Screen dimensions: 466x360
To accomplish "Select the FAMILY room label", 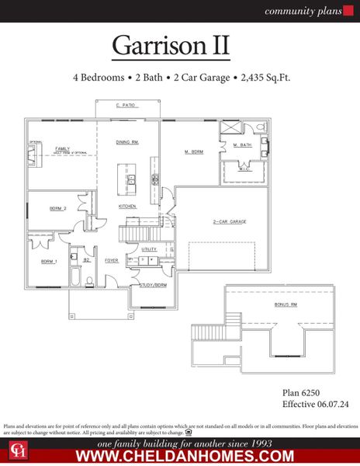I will [x=62, y=148].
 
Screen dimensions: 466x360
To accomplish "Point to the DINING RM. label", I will [x=126, y=143].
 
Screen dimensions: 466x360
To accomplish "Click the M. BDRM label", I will [x=193, y=151].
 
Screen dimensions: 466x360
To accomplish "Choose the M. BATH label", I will [x=241, y=144].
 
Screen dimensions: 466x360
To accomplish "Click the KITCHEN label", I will [x=127, y=206].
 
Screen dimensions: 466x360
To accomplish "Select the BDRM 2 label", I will [x=58, y=209].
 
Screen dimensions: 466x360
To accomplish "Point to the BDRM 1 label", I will [x=50, y=261].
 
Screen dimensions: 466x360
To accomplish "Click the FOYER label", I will [x=112, y=261].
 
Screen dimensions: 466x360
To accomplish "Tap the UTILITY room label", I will [x=149, y=249].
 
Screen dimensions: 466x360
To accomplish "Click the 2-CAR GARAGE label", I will [x=230, y=222].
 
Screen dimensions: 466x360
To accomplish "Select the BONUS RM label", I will [x=286, y=304].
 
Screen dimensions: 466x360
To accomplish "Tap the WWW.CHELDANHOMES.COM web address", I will [x=184, y=455].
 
